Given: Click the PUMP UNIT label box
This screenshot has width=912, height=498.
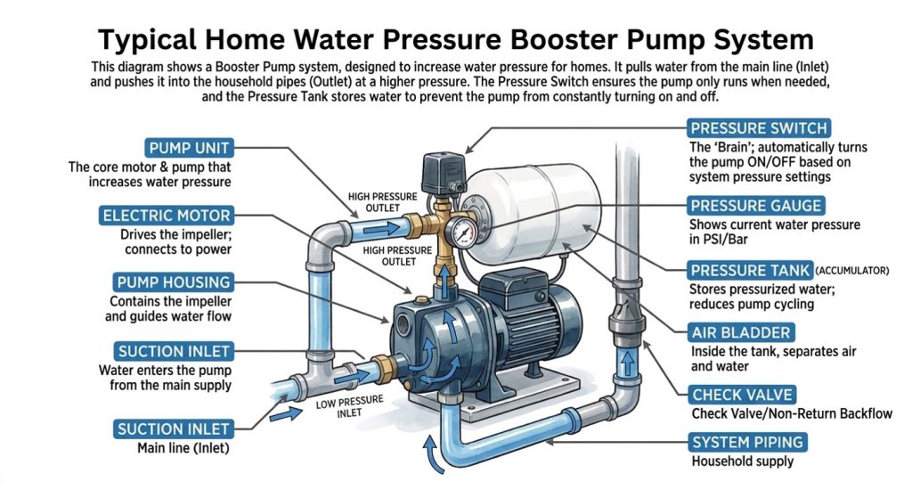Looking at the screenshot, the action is pyautogui.click(x=189, y=148).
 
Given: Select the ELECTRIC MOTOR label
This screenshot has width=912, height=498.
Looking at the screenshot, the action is pyautogui.click(x=167, y=216).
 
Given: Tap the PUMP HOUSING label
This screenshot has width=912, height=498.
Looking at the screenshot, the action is pyautogui.click(x=174, y=282).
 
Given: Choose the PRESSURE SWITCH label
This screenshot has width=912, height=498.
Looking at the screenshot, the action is pyautogui.click(x=759, y=128).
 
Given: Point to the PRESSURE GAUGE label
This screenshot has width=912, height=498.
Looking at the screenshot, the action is pyautogui.click(x=755, y=206).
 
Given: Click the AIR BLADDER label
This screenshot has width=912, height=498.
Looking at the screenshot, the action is pyautogui.click(x=740, y=333).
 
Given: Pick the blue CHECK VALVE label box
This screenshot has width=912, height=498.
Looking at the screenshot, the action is pyautogui.click(x=742, y=395).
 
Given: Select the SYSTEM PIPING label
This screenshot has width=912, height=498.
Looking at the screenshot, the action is pyautogui.click(x=747, y=442).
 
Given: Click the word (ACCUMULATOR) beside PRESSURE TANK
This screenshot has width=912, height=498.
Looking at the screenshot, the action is pyautogui.click(x=852, y=271).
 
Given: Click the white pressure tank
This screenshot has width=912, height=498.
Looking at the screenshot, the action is pyautogui.click(x=533, y=212).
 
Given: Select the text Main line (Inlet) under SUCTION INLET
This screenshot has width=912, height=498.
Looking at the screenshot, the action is pyautogui.click(x=183, y=448).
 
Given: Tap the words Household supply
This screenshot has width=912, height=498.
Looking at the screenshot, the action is pyautogui.click(x=743, y=461).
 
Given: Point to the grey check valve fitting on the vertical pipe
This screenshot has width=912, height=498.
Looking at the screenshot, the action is pyautogui.click(x=626, y=317).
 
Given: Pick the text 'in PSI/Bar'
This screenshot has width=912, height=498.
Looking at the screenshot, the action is pyautogui.click(x=719, y=240).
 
